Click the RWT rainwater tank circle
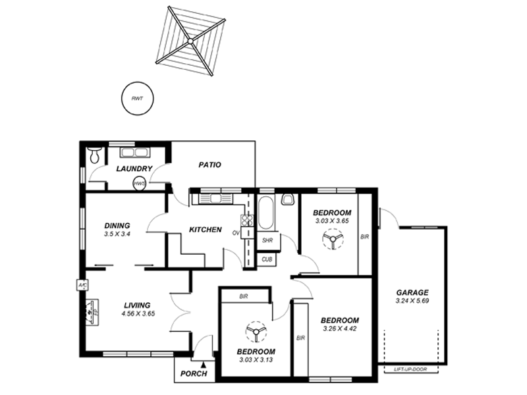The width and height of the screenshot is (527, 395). pyautogui.click(x=137, y=99)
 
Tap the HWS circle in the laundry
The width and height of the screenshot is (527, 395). pyautogui.click(x=140, y=184)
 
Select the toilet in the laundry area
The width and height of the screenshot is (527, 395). pyautogui.click(x=95, y=155)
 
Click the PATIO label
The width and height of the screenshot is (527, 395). pyautogui.click(x=209, y=165)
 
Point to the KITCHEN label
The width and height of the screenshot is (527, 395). pyautogui.click(x=205, y=230)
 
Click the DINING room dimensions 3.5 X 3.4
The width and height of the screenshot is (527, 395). pyautogui.click(x=117, y=234)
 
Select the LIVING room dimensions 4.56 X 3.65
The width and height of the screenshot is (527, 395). pyautogui.click(x=138, y=314)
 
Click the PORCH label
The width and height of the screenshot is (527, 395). pyautogui.click(x=194, y=374)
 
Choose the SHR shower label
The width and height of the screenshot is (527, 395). pyautogui.click(x=267, y=241)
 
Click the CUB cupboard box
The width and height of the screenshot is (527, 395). pyautogui.click(x=267, y=259)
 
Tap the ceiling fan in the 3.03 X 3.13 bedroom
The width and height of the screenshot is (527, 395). pyautogui.click(x=253, y=331)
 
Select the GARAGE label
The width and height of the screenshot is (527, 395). pyautogui.click(x=412, y=293)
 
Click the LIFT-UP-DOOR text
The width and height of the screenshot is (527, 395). pyautogui.click(x=410, y=369)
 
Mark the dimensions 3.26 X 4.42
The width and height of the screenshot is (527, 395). pyautogui.click(x=340, y=329)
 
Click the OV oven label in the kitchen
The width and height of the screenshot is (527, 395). pyautogui.click(x=235, y=232)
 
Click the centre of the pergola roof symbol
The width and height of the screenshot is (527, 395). pyautogui.click(x=190, y=41)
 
